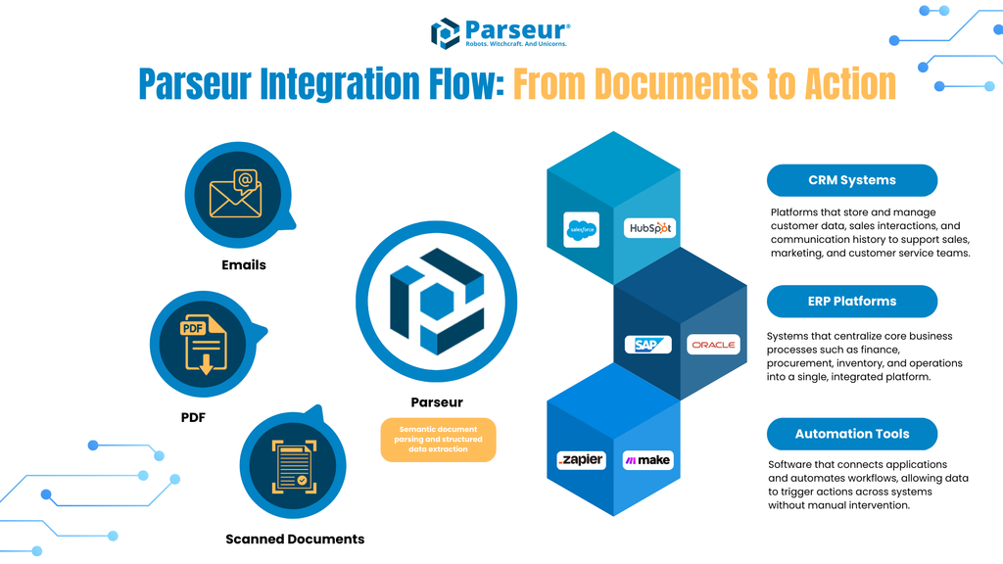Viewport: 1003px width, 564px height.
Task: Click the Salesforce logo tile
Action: tap(581, 230)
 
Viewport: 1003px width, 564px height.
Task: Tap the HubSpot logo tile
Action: tap(649, 228)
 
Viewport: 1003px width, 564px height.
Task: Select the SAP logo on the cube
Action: tap(648, 345)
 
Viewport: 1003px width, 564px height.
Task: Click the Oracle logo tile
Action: tap(713, 345)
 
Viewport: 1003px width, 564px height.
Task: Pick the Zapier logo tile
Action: tap(581, 460)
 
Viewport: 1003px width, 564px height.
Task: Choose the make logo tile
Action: tap(647, 460)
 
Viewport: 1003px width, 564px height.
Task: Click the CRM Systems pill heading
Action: tap(851, 180)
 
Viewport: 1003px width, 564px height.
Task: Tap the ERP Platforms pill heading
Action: tap(851, 301)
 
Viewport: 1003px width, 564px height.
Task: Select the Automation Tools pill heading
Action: tap(851, 434)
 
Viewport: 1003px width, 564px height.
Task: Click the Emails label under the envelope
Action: tap(243, 264)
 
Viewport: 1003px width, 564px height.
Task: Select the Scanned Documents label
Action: tap(295, 539)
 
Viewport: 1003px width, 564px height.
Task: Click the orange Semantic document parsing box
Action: tap(439, 440)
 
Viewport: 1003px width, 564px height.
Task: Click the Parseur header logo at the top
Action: tap(501, 32)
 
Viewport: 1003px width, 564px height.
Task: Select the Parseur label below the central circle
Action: tap(437, 402)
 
